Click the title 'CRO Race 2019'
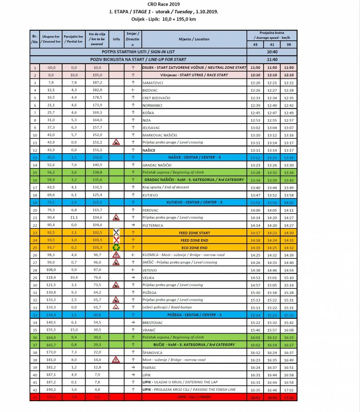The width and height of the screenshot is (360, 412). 163,4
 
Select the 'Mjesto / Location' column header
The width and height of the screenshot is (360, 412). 194,39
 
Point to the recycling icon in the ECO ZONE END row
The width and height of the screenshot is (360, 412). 116,248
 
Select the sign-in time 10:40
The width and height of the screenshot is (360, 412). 272,52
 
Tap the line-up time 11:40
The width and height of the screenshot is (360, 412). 272,59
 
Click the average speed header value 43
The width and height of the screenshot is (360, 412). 255,44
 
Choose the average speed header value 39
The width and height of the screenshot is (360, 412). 289,44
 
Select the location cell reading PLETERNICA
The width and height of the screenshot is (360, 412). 154,225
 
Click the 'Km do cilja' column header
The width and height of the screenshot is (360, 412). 96,39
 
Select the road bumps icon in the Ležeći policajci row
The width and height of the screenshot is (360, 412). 116,307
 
